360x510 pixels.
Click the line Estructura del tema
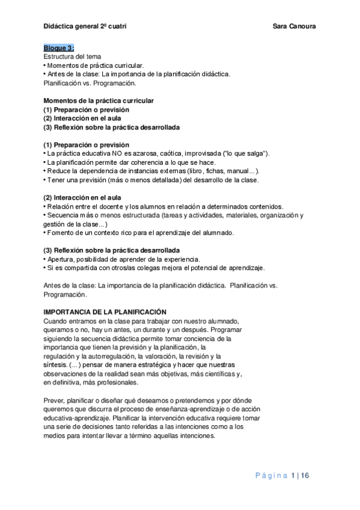pos(68,57)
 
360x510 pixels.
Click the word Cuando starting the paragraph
pos(56,321)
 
